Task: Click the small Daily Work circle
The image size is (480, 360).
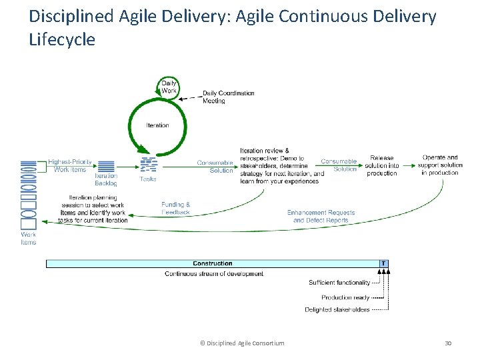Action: (x=169, y=87)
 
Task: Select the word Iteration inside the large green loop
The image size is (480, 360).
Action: (x=157, y=125)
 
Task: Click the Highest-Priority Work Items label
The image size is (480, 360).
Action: (x=70, y=166)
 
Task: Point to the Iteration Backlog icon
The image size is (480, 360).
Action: (x=106, y=166)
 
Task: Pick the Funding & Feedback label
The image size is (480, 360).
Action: (x=176, y=208)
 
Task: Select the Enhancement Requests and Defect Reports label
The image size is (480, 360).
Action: (x=321, y=216)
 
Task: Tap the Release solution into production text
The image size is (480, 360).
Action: (x=381, y=166)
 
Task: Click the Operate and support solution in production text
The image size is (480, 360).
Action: (x=440, y=165)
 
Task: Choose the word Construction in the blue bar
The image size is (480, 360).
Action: (x=213, y=263)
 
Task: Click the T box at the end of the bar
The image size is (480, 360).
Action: (x=383, y=263)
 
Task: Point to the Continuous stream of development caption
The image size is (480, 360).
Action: (x=214, y=273)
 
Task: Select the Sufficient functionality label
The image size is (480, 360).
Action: (x=339, y=283)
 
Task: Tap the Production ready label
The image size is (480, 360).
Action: (x=345, y=297)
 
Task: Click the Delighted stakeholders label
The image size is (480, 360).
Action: (x=337, y=309)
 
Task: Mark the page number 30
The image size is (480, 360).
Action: (x=448, y=343)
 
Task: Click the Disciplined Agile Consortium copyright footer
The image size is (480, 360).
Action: (x=242, y=343)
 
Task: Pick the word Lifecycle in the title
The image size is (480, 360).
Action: (x=63, y=40)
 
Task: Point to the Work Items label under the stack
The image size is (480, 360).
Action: (x=29, y=238)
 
